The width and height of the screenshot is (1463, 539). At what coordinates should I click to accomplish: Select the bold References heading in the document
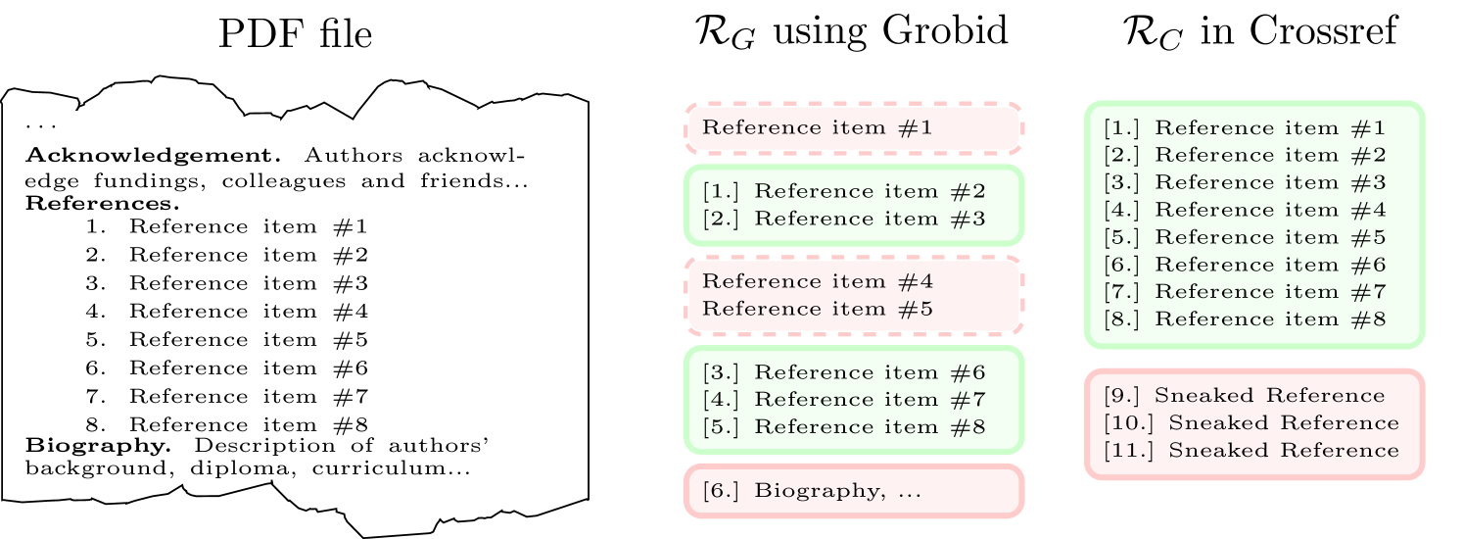(102, 204)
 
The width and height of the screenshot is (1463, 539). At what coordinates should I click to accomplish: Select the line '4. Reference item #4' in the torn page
(226, 311)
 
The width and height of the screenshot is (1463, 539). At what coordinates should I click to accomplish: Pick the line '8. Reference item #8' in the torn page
(226, 424)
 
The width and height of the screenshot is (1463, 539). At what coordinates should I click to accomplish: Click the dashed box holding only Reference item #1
(852, 127)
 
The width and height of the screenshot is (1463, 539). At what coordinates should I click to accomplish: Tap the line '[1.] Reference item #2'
(843, 191)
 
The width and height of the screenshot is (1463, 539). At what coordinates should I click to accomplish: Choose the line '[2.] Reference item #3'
(843, 218)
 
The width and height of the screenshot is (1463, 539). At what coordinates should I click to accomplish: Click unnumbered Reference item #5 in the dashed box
(818, 309)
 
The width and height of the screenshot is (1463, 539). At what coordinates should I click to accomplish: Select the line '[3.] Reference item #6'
(843, 372)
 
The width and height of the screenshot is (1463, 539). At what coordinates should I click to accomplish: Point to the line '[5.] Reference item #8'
(843, 426)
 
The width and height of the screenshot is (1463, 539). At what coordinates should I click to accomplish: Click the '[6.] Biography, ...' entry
(812, 490)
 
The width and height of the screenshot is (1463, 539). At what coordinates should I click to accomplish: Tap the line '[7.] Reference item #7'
(1244, 291)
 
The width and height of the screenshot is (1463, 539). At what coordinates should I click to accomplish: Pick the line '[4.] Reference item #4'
(1244, 209)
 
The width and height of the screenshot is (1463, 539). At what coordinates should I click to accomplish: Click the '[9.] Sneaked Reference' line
(1244, 396)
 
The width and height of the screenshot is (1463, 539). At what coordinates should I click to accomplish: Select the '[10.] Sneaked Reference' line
(1251, 422)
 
